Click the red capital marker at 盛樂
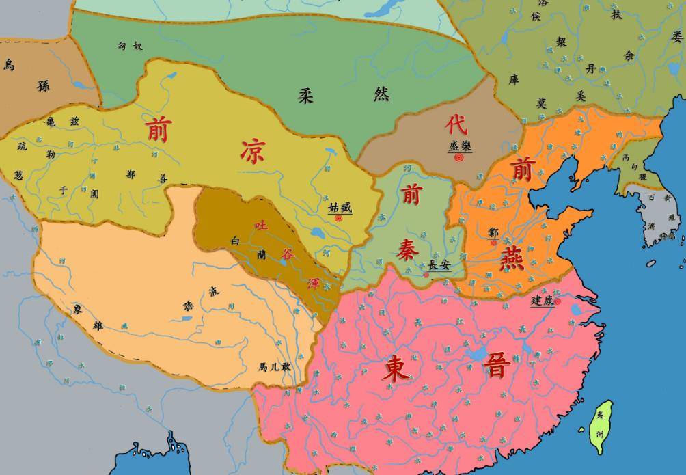(458, 157)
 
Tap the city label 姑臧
(340, 207)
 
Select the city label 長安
(439, 265)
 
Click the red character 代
(456, 124)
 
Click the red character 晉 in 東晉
(496, 367)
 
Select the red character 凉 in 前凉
(252, 150)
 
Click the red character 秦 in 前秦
(409, 250)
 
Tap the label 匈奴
(130, 46)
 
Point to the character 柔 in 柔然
(305, 96)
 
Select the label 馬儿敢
(275, 366)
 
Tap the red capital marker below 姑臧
(338, 218)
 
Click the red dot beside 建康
(558, 301)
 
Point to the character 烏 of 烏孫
(9, 65)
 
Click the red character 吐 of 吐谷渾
(260, 224)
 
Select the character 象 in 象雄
(79, 309)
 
